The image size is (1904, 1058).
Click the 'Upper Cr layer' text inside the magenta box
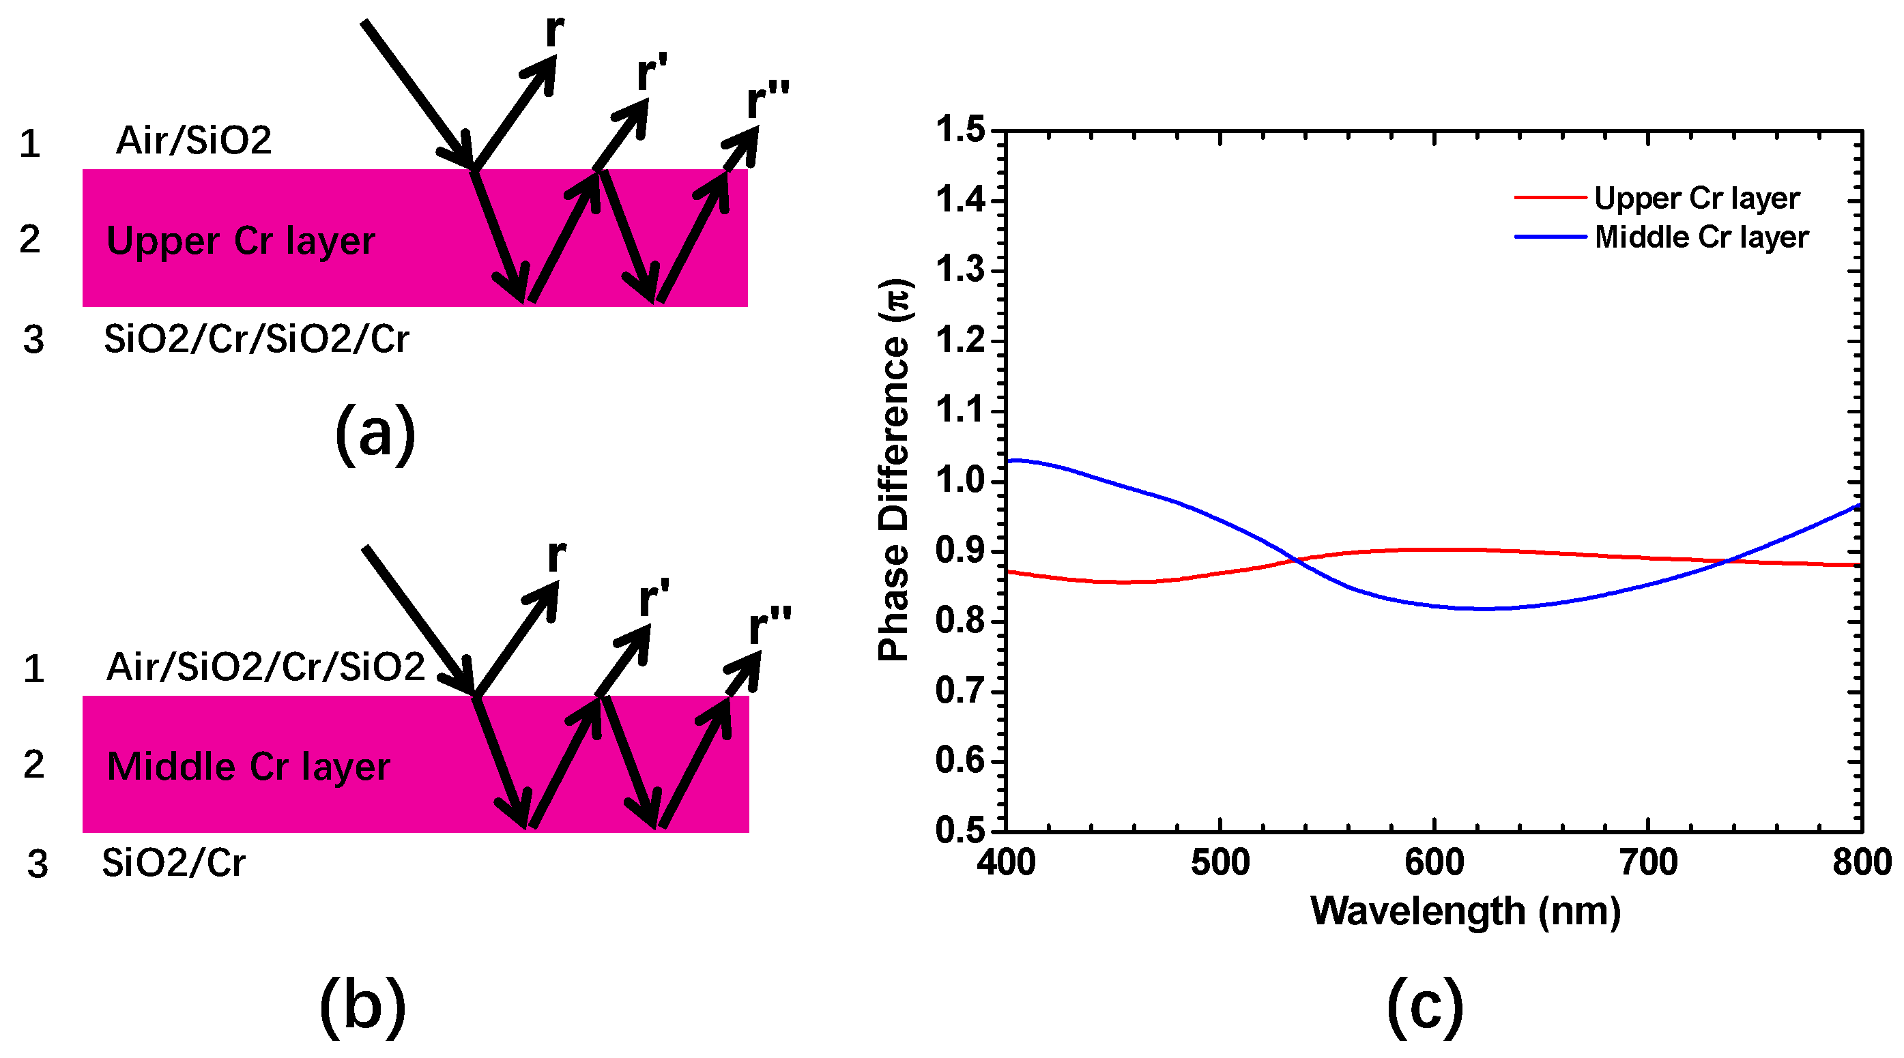pyautogui.click(x=240, y=241)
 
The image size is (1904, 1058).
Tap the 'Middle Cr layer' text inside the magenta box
pyautogui.click(x=248, y=767)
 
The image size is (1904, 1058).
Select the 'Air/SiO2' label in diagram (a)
pyautogui.click(x=194, y=141)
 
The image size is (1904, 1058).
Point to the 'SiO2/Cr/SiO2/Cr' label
pyautogui.click(x=256, y=339)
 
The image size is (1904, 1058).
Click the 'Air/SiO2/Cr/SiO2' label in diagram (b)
pyautogui.click(x=265, y=667)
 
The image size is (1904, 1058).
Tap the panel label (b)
pyautogui.click(x=362, y=1006)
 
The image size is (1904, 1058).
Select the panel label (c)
pyautogui.click(x=1424, y=1006)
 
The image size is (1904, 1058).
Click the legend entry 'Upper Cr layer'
pyautogui.click(x=1697, y=198)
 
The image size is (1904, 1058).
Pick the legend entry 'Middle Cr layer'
pyautogui.click(x=1701, y=237)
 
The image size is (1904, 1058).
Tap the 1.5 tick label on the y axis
pyautogui.click(x=960, y=130)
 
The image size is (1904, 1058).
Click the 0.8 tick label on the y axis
pyautogui.click(x=960, y=621)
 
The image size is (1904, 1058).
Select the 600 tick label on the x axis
pyautogui.click(x=1434, y=863)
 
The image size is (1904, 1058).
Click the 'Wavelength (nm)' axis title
pyautogui.click(x=1465, y=911)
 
